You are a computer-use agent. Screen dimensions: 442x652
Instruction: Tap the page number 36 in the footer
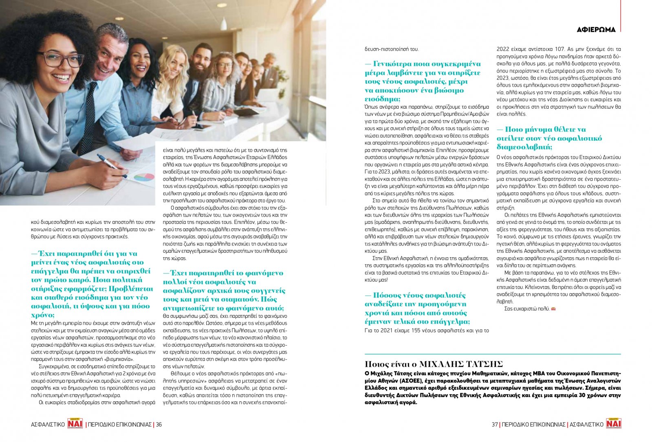click(x=159, y=424)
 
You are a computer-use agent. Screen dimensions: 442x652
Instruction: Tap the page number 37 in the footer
click(x=495, y=424)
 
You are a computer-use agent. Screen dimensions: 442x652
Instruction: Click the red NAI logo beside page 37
click(x=613, y=424)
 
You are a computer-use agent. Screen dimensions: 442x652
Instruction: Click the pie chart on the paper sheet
click(x=143, y=177)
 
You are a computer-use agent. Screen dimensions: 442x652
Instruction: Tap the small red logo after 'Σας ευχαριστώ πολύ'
click(x=553, y=309)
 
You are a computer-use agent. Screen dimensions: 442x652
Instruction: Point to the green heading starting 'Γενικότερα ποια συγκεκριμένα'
click(x=422, y=81)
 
